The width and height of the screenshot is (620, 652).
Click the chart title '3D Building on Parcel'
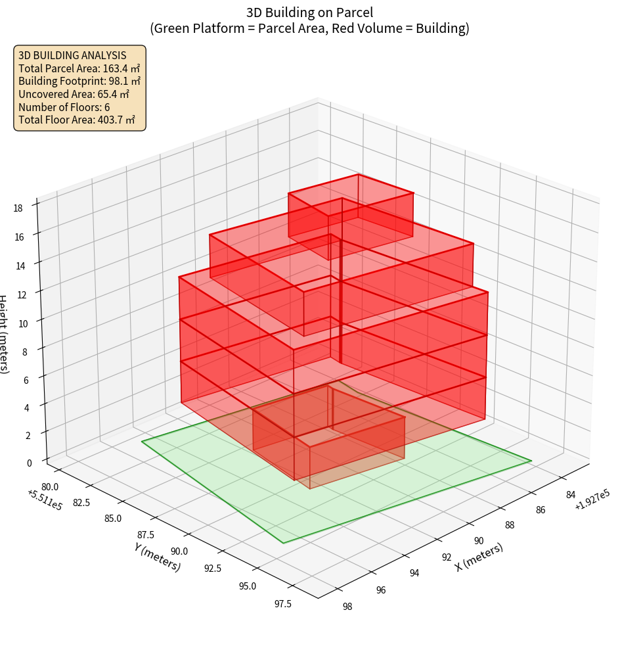click(x=309, y=12)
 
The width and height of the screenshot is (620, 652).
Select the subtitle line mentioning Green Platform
click(x=309, y=28)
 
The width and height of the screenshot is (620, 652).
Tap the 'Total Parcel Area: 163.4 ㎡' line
click(x=79, y=68)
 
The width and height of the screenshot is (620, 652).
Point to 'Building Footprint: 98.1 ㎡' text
click(x=79, y=81)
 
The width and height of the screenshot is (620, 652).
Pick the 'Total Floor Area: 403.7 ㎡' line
click(x=77, y=120)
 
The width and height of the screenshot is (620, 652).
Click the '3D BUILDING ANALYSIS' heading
click(x=72, y=55)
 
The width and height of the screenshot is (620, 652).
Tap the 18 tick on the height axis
click(x=18, y=208)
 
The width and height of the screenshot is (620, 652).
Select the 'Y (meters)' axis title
click(x=158, y=556)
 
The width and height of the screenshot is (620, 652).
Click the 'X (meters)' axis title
click(x=479, y=557)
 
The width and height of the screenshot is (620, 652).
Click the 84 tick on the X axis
click(x=571, y=495)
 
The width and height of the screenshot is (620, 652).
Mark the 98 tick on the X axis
click(x=347, y=606)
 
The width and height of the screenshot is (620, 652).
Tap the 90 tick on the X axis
click(x=479, y=540)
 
